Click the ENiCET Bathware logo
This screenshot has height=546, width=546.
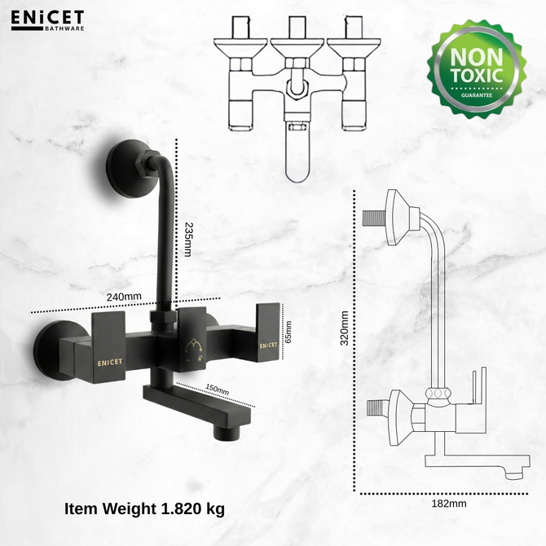pos(48,20)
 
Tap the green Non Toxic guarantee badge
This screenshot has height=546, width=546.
pos(477,69)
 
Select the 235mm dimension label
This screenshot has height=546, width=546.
pos(187,240)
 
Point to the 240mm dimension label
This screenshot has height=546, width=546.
pos(124,297)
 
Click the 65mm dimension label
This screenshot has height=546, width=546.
pos(288,332)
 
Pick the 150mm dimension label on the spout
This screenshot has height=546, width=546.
pos(217,390)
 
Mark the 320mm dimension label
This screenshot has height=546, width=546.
pos(345,328)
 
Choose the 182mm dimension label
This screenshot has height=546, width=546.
pos(449,504)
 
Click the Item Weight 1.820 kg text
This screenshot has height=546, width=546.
pos(144,509)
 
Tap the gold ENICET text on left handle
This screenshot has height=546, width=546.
pos(110,363)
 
